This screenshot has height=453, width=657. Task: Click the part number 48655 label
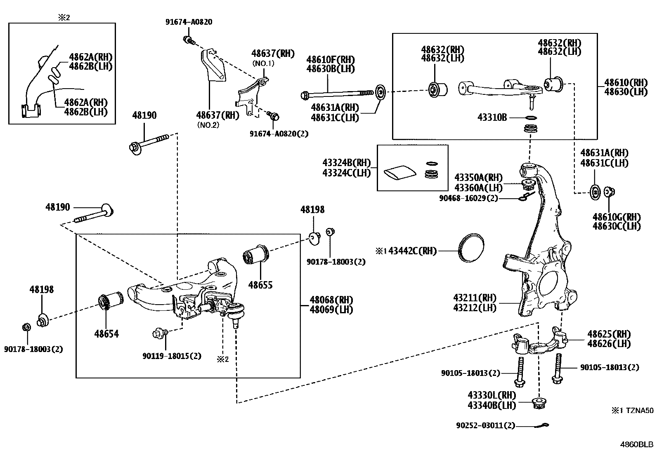[260, 285]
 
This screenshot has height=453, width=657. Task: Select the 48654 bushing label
[106, 333]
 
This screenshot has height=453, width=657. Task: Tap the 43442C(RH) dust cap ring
[470, 248]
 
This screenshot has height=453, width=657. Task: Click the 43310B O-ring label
[492, 117]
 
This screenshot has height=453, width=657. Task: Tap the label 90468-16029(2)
[468, 198]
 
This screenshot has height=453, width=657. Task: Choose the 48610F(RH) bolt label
[331, 59]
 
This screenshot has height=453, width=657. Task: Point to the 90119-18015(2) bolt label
[172, 356]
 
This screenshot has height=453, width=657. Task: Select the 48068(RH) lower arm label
[331, 300]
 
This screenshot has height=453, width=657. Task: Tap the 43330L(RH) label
[492, 395]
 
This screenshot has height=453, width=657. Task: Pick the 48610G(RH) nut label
[617, 217]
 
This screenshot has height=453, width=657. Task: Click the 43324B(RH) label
[347, 163]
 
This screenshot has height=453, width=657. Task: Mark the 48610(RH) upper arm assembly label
[626, 82]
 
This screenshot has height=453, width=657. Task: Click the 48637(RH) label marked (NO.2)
[217, 115]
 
